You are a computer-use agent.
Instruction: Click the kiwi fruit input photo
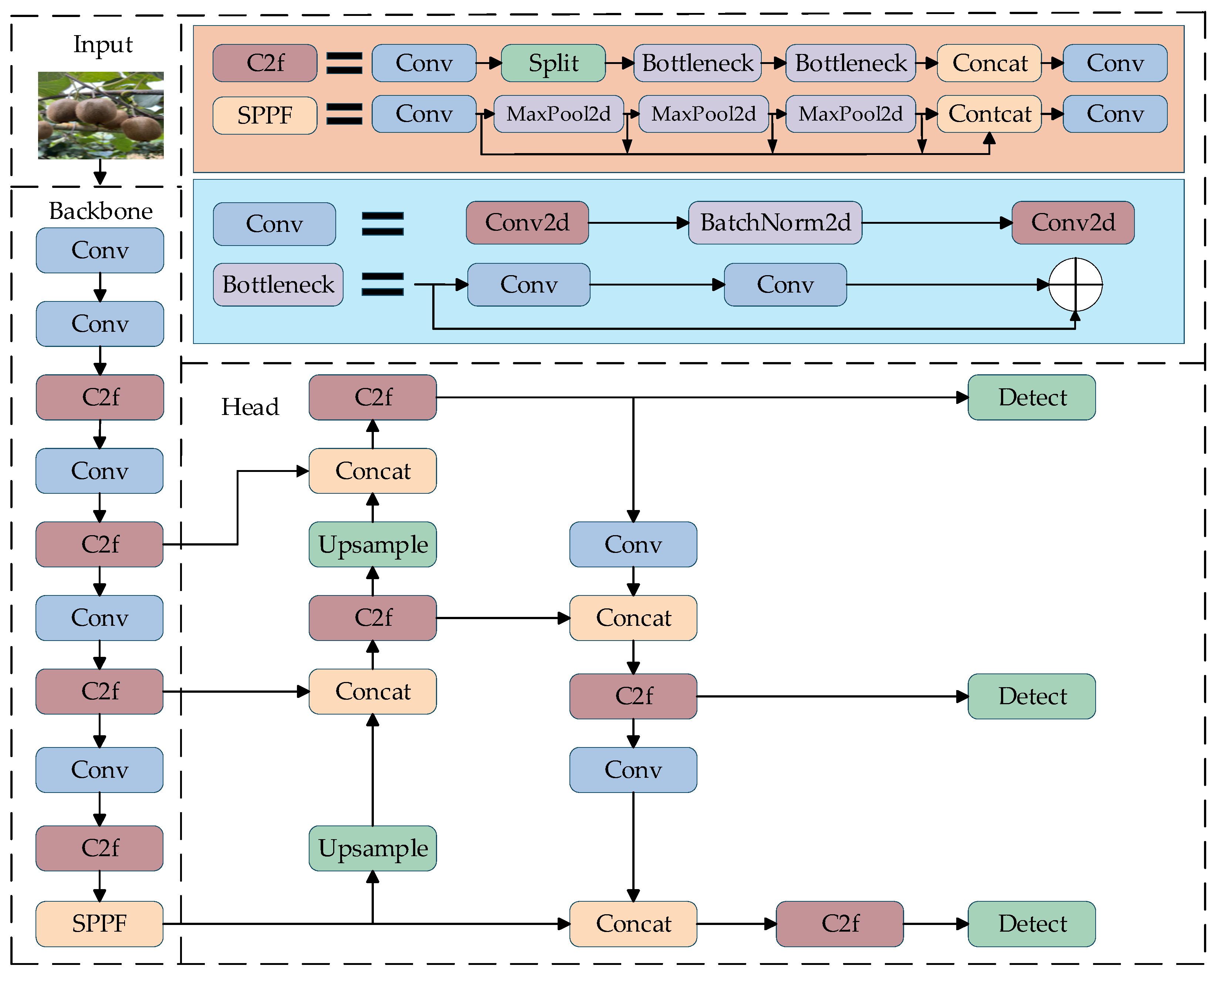point(101,115)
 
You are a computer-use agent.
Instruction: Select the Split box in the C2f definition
point(553,63)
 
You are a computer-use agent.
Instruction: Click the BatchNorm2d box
point(775,223)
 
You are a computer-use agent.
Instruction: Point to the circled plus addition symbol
point(1075,284)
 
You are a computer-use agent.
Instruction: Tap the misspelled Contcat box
point(989,114)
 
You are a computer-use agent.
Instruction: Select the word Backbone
point(101,211)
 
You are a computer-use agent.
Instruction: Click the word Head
point(250,407)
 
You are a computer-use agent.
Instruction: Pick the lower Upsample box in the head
point(372,848)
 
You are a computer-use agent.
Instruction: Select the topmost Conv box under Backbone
point(100,250)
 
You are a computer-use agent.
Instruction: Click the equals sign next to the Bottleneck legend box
point(383,284)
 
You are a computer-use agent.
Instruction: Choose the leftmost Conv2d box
point(527,223)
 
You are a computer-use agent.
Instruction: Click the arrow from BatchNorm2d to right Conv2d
point(937,223)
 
